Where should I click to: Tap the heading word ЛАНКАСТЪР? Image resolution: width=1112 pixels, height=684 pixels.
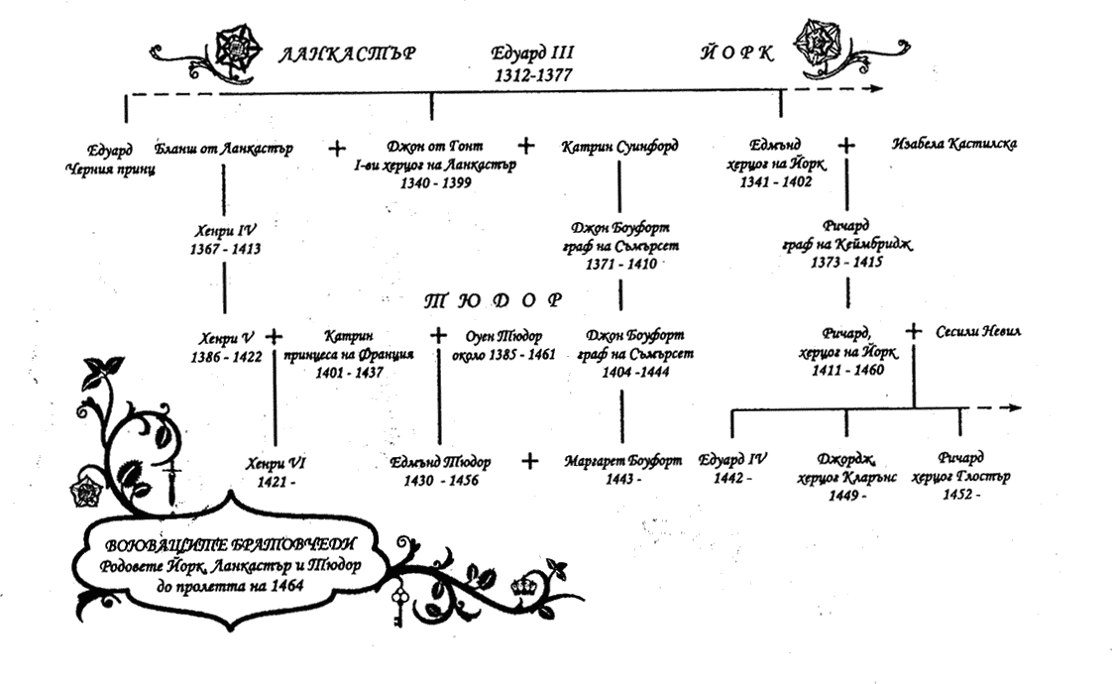pos(345,54)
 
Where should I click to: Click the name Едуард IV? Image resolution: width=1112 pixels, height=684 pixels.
pos(733,460)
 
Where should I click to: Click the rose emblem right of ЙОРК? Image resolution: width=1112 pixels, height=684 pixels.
pos(822,44)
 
